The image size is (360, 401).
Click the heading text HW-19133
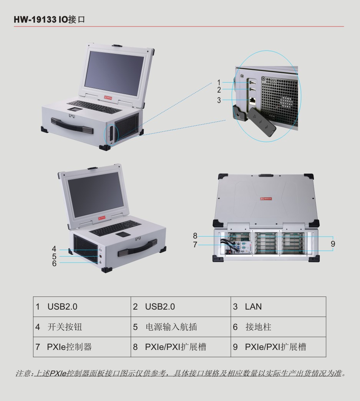tap(35, 20)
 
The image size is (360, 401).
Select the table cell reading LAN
tap(278, 307)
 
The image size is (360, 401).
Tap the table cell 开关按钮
tap(82, 327)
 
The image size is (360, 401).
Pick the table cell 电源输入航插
tap(181, 327)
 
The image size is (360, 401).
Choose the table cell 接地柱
tap(278, 327)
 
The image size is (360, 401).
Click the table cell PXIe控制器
tap(82, 347)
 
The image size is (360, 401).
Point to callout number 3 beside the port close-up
tap(219, 100)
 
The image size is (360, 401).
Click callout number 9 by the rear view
tap(333, 244)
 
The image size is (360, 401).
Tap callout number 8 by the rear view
tap(195, 236)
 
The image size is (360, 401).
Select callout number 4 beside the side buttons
tap(54, 249)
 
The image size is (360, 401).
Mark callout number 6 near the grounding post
tap(54, 263)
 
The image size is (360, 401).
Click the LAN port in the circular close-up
tap(253, 101)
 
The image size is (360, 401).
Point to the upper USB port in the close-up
tap(252, 83)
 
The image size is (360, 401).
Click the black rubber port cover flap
tap(262, 122)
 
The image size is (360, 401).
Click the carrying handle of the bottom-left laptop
tap(138, 248)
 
